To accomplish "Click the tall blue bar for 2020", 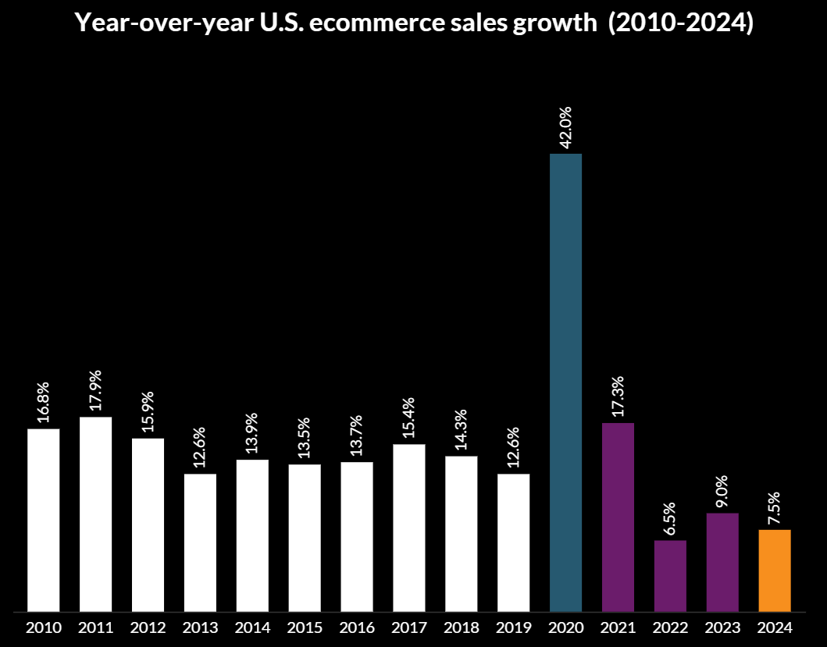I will point(565,382).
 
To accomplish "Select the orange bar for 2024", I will point(775,571).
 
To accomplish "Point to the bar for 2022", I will point(670,576).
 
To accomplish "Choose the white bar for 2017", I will point(409,528).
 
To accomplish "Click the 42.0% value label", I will point(566,127).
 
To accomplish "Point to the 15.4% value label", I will point(409,420).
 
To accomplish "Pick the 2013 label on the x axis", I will point(201,627).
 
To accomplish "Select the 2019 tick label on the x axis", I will point(514,627).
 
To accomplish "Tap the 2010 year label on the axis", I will point(44,627).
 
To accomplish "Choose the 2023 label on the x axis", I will point(722,627).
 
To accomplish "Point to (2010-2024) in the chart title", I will point(680,24).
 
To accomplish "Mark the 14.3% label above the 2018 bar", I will point(462,432).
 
